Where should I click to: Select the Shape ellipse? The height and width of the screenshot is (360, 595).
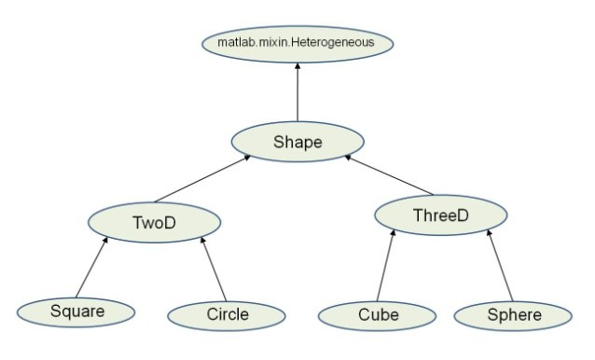(297, 142)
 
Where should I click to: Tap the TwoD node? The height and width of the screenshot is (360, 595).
(155, 222)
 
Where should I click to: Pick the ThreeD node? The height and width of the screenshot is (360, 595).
(440, 216)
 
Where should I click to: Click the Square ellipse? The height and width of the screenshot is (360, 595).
(76, 312)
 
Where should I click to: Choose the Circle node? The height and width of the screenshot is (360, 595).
(227, 314)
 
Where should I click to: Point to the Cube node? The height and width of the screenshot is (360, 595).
(378, 314)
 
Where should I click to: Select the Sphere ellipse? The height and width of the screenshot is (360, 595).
(514, 314)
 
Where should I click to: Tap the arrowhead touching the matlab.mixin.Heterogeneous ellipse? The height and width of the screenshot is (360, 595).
(297, 64)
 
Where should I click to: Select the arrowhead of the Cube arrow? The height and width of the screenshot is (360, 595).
(394, 234)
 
